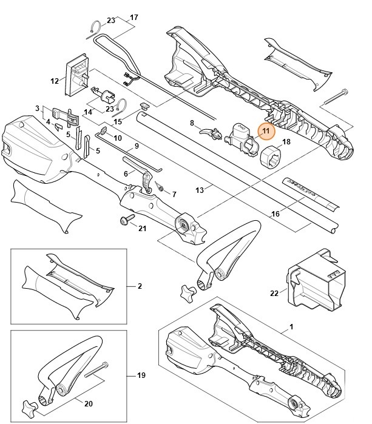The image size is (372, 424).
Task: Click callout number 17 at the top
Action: pos(134,17)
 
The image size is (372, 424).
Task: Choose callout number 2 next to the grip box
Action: pos(140,285)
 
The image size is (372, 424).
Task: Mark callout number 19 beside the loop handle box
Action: pos(141,376)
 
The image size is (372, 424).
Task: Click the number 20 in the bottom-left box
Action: pos(88,404)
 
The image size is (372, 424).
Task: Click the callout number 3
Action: pos(38,109)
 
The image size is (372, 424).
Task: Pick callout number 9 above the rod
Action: pos(137,146)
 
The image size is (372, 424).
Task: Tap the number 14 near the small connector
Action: pos(88,112)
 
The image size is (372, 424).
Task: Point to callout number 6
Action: pos(126,173)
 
